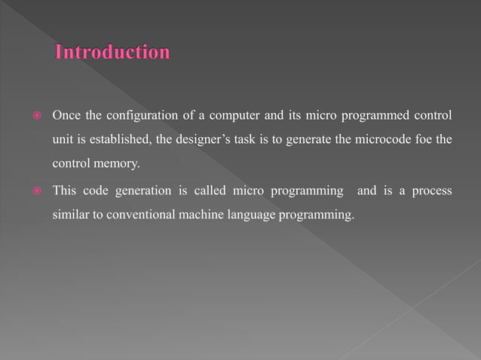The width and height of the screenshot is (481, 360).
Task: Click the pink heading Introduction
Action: pyautogui.click(x=112, y=53)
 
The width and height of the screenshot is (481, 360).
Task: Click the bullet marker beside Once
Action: pyautogui.click(x=32, y=115)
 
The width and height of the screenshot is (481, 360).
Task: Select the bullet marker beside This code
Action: pyautogui.click(x=32, y=192)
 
